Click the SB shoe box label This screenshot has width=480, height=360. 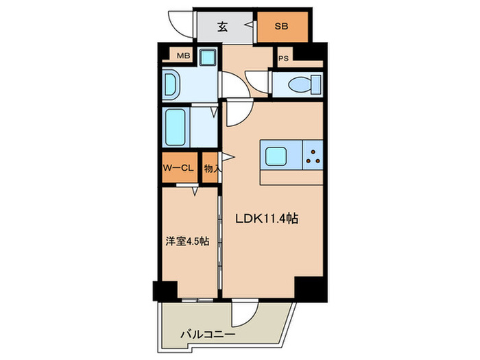pos(282,27)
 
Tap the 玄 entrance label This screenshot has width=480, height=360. pos(223,27)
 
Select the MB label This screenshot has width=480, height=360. pos(184,56)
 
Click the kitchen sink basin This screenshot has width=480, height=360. pos(278,156)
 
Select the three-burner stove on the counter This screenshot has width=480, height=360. pos(314,156)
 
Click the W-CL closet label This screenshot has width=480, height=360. pos(180,167)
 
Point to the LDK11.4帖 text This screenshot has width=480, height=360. pos(266,219)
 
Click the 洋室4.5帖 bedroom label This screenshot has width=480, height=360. pos(187,241)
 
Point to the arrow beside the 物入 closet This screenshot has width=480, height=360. pos(224,159)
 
